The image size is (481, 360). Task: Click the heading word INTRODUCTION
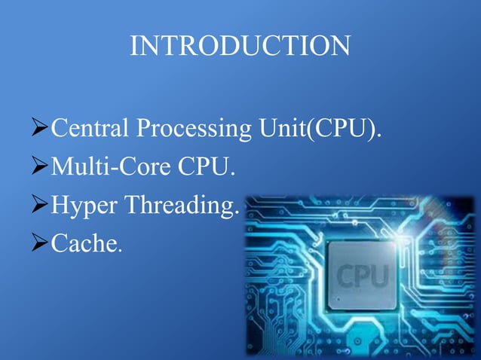240,46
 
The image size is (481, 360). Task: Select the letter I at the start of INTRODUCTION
134,46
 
